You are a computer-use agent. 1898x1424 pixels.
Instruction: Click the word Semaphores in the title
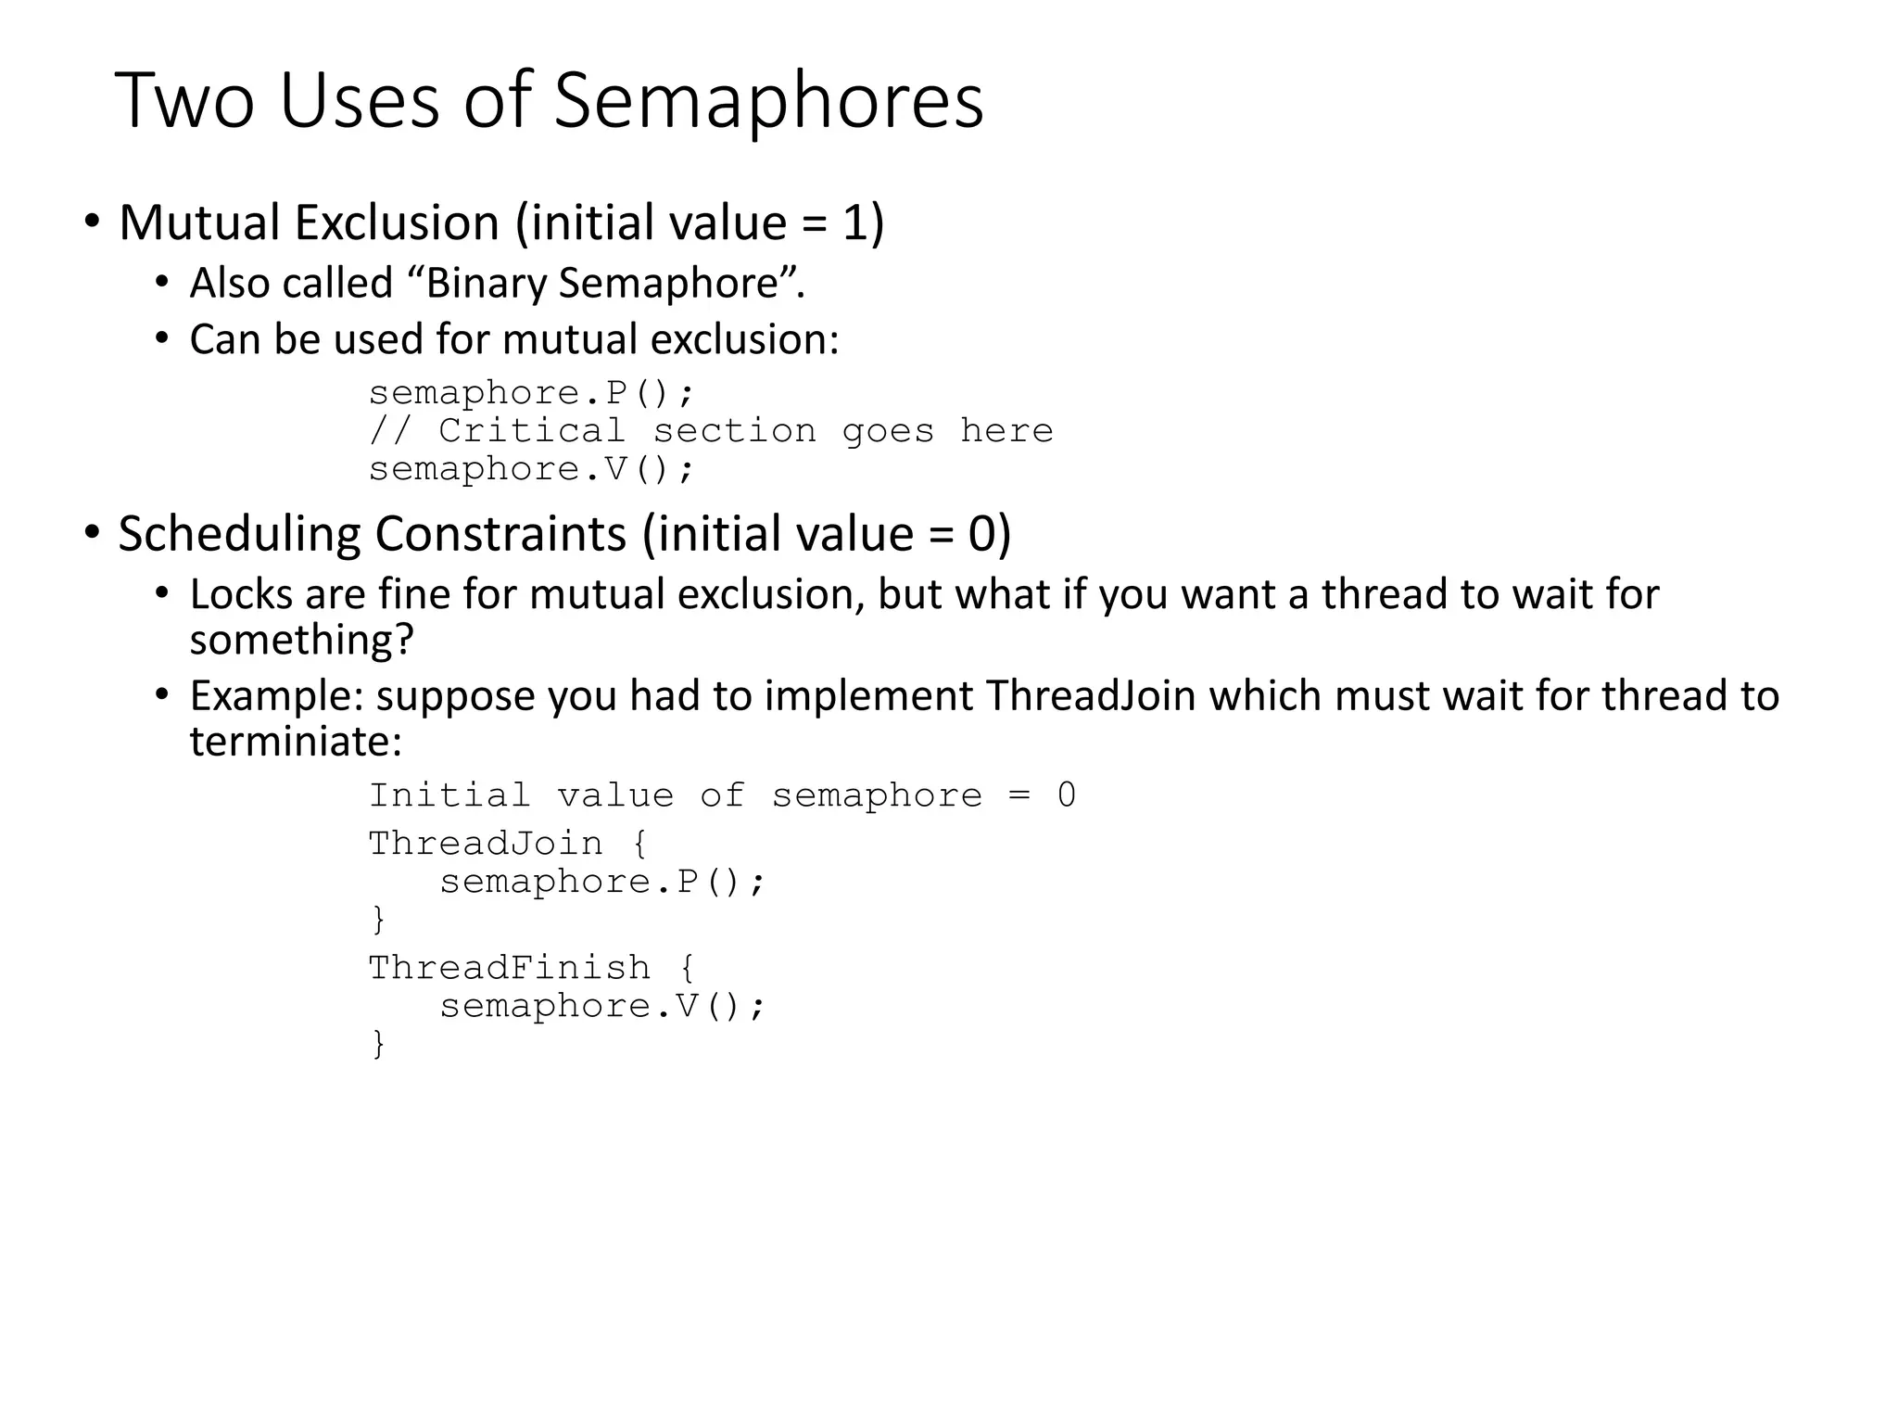pyautogui.click(x=768, y=101)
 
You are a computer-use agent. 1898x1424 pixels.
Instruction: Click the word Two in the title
pyautogui.click(x=184, y=101)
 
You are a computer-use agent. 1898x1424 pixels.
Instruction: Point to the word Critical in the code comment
pyautogui.click(x=532, y=431)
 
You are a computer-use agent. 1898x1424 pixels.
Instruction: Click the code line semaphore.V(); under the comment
pyautogui.click(x=531, y=470)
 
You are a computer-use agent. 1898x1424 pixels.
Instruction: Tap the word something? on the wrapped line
pyautogui.click(x=301, y=641)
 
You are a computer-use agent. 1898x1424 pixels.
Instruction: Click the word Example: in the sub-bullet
pyautogui.click(x=277, y=696)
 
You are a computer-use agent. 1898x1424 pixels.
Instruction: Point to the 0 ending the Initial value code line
pyautogui.click(x=1067, y=795)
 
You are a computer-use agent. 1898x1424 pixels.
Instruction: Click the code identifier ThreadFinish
pyautogui.click(x=510, y=968)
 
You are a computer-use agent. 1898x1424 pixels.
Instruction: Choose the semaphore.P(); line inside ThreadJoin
pyautogui.click(x=602, y=882)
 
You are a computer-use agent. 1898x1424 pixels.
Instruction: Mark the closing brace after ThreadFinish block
pyautogui.click(x=378, y=1044)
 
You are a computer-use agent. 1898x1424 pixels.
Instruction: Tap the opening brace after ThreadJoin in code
pyautogui.click(x=639, y=844)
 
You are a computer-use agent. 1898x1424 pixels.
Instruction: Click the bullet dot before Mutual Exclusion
pyautogui.click(x=91, y=222)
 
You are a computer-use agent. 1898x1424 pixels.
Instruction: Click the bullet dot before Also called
pyautogui.click(x=162, y=282)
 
